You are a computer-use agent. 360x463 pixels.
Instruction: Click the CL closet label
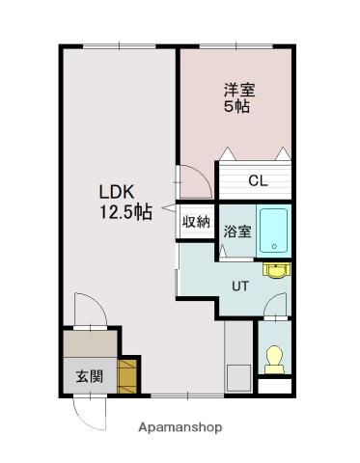257,180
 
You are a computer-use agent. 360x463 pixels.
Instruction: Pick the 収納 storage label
196,222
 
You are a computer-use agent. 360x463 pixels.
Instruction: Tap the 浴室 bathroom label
237,231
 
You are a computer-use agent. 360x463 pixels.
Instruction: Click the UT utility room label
240,285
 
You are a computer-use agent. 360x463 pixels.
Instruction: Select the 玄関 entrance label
90,376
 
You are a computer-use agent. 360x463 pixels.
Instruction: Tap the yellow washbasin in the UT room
277,269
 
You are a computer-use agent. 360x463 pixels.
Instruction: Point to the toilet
273,358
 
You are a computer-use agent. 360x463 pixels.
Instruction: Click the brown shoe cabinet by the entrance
127,375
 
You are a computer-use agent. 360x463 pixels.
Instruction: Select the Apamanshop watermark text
180,426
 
